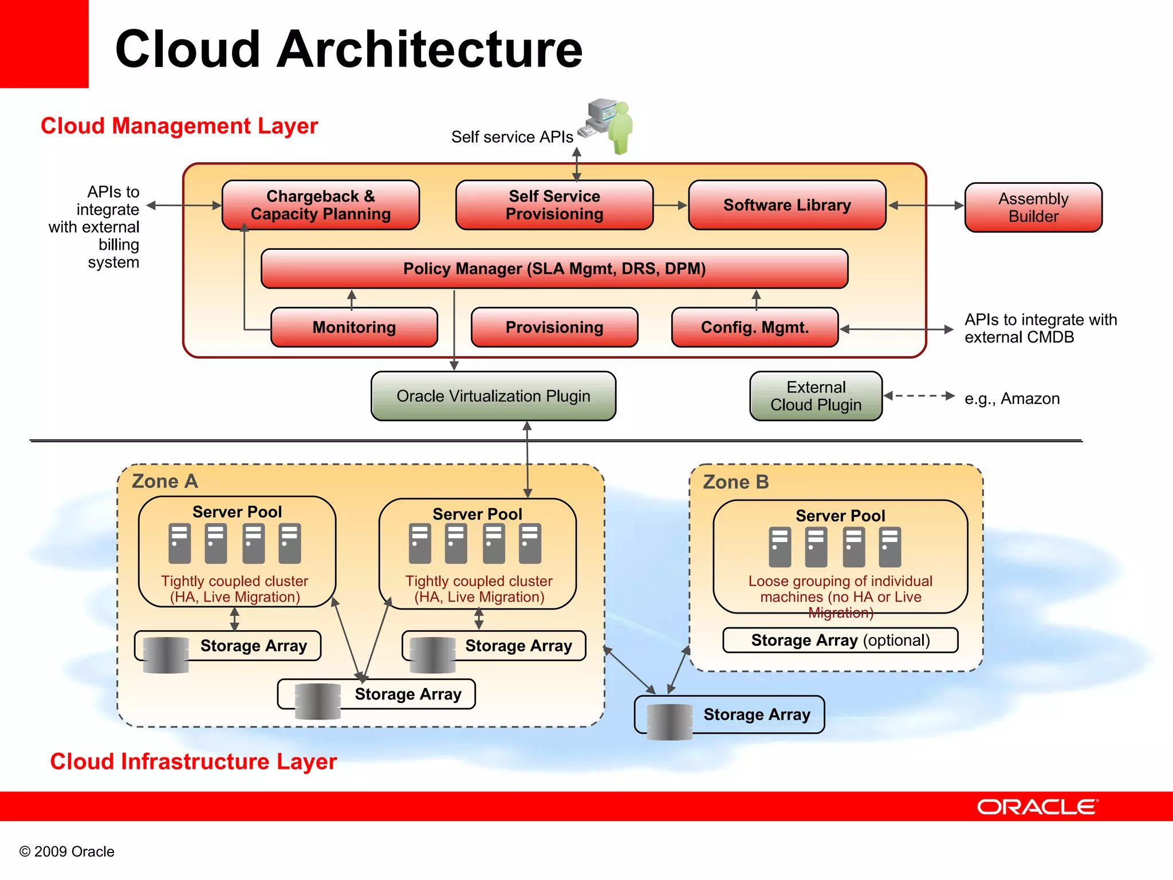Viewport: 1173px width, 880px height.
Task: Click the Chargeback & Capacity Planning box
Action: (x=320, y=205)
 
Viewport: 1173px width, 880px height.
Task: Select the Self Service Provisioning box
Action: (x=554, y=205)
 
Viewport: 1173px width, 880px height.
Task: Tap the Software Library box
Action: (x=787, y=205)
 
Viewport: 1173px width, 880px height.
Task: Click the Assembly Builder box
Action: (x=1033, y=207)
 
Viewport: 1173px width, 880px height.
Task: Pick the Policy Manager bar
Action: (x=554, y=268)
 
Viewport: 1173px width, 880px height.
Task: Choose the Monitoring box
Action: (x=354, y=327)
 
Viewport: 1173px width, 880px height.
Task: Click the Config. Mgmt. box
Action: (x=754, y=327)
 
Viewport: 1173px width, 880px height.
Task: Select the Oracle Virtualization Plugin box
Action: (x=493, y=396)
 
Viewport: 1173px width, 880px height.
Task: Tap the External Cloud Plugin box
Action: (x=816, y=396)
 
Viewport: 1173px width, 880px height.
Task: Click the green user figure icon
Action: (x=621, y=127)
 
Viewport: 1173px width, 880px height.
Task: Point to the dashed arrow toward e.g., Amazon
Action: (x=919, y=396)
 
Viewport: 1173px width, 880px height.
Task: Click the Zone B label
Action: (x=735, y=482)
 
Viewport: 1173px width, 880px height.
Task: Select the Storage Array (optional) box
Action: (x=840, y=640)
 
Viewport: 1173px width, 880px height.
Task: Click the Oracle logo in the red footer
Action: (x=1037, y=807)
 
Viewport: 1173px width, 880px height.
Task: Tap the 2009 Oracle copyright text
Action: (x=67, y=851)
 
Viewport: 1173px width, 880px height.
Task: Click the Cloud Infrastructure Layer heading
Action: (x=193, y=761)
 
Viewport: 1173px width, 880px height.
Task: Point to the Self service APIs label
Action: (x=511, y=137)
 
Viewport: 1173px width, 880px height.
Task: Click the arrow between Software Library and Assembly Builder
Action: (x=926, y=205)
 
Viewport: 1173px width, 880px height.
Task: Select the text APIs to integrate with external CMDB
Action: (x=1040, y=328)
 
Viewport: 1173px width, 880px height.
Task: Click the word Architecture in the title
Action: (x=430, y=49)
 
